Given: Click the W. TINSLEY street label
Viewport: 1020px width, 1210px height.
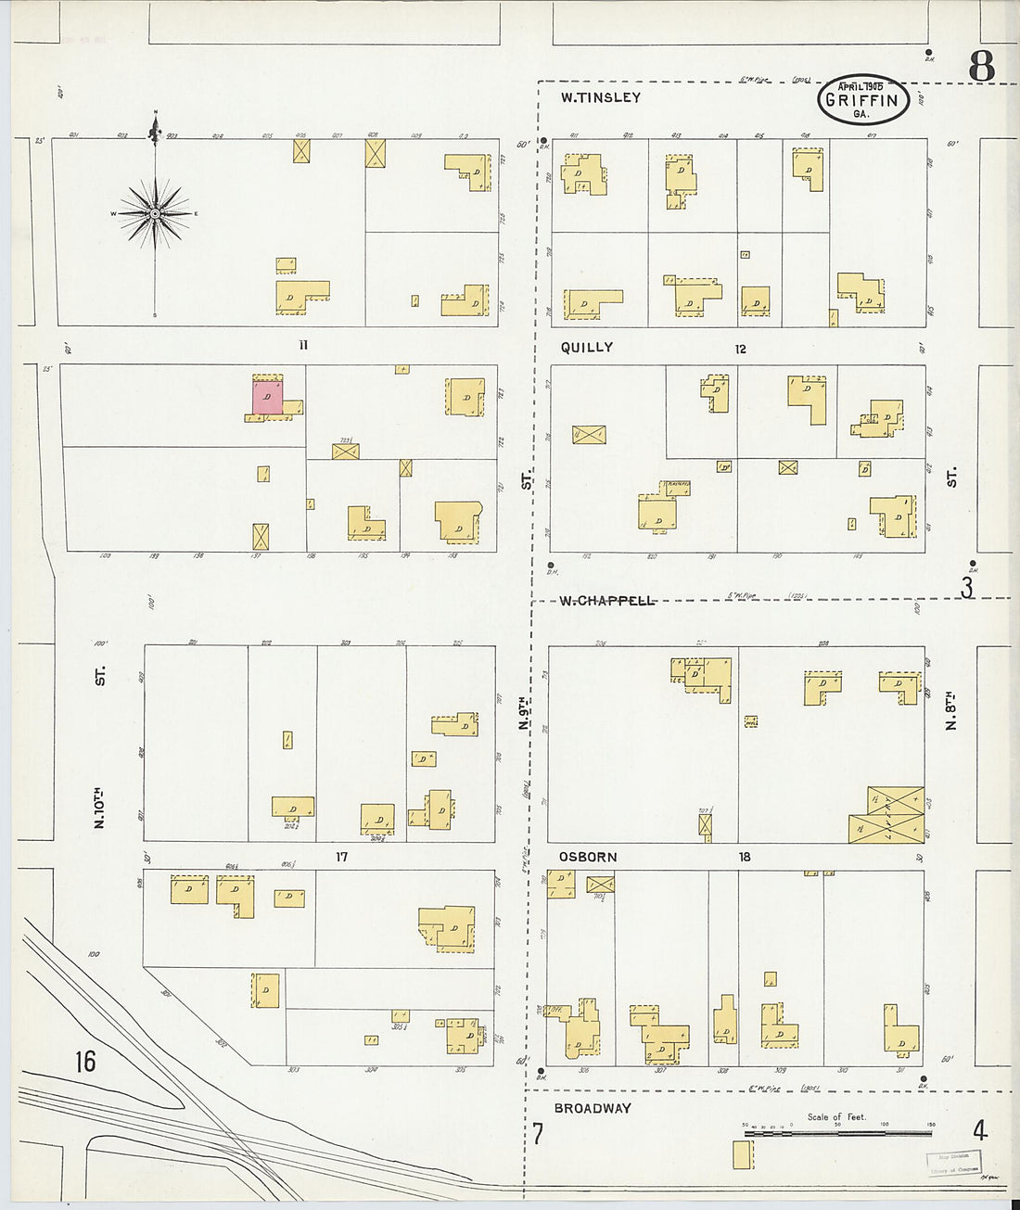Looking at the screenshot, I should pyautogui.click(x=600, y=97).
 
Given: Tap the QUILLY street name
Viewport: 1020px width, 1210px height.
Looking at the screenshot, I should pyautogui.click(x=586, y=347).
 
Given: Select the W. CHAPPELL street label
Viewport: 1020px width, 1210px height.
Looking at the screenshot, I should pyautogui.click(x=607, y=601).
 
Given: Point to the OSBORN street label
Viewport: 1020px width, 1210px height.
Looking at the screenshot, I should pyautogui.click(x=587, y=858).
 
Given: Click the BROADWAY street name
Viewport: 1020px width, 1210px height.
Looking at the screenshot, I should pyautogui.click(x=593, y=1108).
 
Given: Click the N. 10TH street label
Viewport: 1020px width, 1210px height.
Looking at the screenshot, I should pyautogui.click(x=99, y=807).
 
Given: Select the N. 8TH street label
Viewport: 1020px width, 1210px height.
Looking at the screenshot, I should pyautogui.click(x=950, y=710).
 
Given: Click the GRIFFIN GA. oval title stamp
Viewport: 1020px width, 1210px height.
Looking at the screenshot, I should pyautogui.click(x=862, y=100).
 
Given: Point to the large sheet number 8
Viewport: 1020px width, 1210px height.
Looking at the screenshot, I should pyautogui.click(x=981, y=67).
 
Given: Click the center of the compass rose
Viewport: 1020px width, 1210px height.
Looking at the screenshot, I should pyautogui.click(x=155, y=214).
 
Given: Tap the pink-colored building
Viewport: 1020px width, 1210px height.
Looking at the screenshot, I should pyautogui.click(x=267, y=396).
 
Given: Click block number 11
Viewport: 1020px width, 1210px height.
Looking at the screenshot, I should pyautogui.click(x=302, y=346).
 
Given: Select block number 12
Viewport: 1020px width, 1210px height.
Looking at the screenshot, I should pyautogui.click(x=740, y=349).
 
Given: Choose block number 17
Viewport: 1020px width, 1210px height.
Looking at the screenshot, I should pyautogui.click(x=341, y=858).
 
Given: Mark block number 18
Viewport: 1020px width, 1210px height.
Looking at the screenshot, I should pyautogui.click(x=745, y=858).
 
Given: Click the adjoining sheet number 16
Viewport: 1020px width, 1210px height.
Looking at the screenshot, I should pyautogui.click(x=84, y=1061).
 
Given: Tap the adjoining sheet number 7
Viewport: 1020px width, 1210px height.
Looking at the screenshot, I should pyautogui.click(x=537, y=1133).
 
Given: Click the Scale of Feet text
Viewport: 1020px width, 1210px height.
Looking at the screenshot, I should pyautogui.click(x=836, y=1116).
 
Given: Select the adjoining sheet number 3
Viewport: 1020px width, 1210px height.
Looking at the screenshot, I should pyautogui.click(x=967, y=588).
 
